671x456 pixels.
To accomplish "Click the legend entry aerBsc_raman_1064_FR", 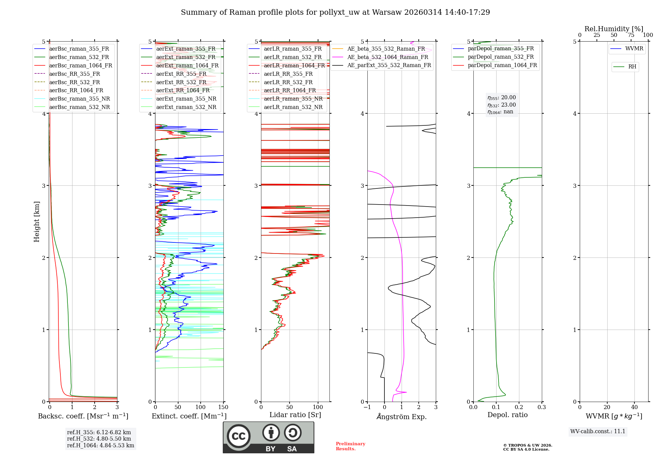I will click(x=81, y=65).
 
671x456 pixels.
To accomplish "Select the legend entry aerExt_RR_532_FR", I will click(x=181, y=82).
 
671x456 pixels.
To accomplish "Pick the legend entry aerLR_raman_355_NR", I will click(x=293, y=99).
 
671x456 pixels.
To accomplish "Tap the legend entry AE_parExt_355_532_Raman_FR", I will click(x=389, y=65).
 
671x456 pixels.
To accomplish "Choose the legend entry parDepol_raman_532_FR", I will click(x=501, y=57).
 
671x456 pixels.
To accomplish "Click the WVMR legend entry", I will click(x=634, y=49).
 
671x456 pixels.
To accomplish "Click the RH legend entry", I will click(x=632, y=67).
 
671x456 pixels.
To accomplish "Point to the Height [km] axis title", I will click(x=37, y=222).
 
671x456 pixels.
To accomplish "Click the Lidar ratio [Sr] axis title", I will click(x=295, y=415).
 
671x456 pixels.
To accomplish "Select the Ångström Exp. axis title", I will click(x=402, y=416).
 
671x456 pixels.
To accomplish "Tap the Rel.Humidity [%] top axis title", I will click(x=614, y=29).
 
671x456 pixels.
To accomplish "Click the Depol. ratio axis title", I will click(x=507, y=415).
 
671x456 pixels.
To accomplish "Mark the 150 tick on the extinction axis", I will click(x=223, y=407).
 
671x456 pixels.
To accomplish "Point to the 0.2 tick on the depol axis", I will click(x=519, y=407).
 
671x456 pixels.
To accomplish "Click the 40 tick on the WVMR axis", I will click(x=634, y=407).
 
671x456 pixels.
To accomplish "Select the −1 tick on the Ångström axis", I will click(x=367, y=407).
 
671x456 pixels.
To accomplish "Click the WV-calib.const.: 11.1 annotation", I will click(x=598, y=431).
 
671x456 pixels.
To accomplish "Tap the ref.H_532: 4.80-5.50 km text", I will click(x=99, y=439).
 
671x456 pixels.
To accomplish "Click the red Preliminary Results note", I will click(x=350, y=446).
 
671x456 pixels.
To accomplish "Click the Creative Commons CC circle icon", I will click(x=239, y=436).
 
